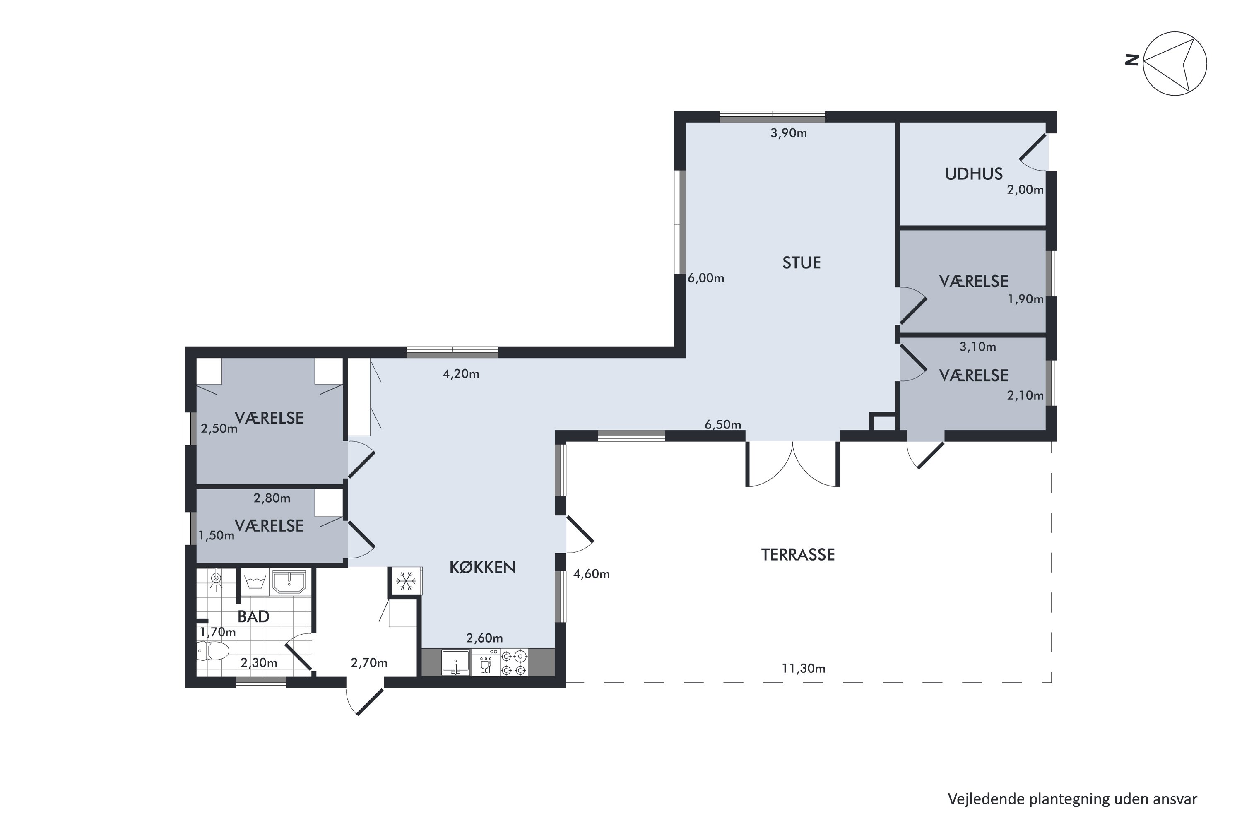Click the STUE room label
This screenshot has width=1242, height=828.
[801, 263]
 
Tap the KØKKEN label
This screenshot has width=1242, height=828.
[482, 567]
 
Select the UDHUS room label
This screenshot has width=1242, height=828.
[974, 174]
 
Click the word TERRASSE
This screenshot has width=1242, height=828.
[798, 554]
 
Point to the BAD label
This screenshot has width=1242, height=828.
[253, 616]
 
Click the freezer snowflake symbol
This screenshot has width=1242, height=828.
[405, 581]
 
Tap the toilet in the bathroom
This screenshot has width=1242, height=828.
[213, 650]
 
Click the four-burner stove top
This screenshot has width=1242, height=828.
[513, 663]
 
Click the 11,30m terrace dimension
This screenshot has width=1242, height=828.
[803, 669]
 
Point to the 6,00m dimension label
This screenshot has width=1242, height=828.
[705, 278]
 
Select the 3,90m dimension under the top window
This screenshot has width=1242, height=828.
[788, 133]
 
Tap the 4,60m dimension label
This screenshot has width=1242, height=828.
[592, 574]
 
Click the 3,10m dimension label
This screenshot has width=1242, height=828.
[977, 347]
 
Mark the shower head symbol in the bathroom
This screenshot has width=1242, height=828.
[215, 578]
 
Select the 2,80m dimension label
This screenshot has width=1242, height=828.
[272, 498]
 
